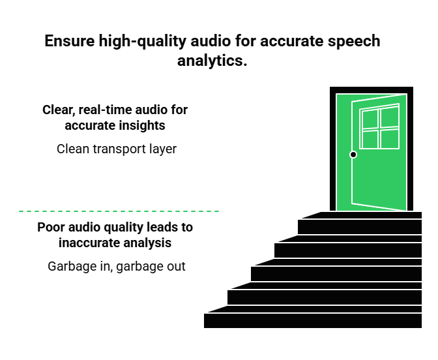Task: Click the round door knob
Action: pyautogui.click(x=353, y=155)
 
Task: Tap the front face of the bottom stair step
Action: pyautogui.click(x=313, y=321)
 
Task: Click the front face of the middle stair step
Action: pyautogui.click(x=336, y=274)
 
